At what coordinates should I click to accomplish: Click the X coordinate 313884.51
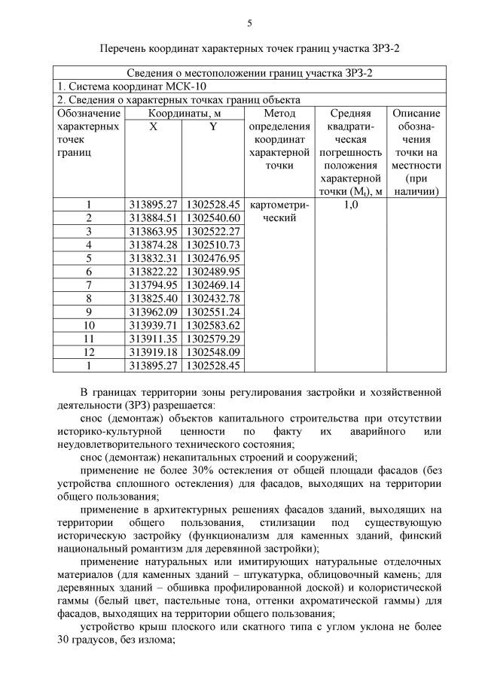pos(153,217)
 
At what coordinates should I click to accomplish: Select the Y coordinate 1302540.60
pos(213,217)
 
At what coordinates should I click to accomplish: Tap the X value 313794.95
pos(153,285)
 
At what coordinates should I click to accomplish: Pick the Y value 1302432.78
pos(213,299)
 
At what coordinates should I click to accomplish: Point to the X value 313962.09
pos(153,312)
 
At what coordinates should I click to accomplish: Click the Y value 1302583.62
pos(213,326)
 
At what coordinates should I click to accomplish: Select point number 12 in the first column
pos(88,353)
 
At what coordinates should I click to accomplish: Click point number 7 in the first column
pos(88,285)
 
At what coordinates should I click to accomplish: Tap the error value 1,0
pos(351,204)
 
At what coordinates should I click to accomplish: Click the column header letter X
pos(153,127)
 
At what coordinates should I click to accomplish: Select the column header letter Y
pos(213,127)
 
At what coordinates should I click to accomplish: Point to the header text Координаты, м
pos(183,113)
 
